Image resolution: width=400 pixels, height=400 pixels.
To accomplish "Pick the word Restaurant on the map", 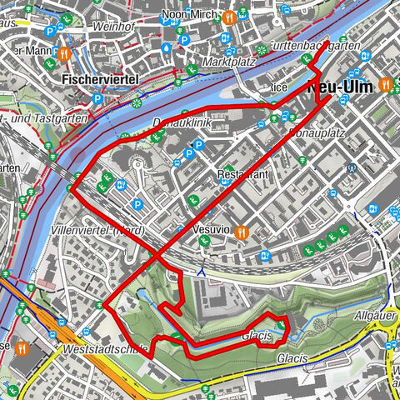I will coord(245,175).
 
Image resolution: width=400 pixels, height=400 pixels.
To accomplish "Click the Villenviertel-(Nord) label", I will coord(108,230).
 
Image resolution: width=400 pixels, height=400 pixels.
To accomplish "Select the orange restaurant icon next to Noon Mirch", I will coord(227,15).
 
